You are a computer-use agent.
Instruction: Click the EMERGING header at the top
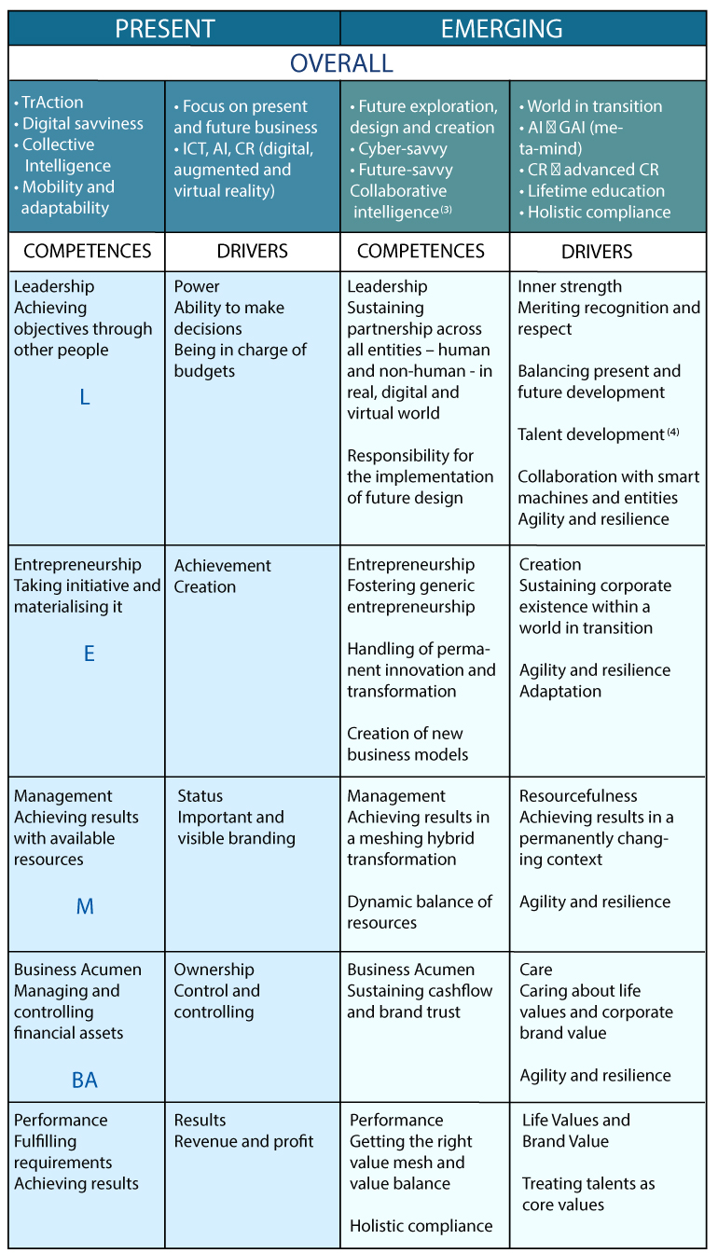[502, 29]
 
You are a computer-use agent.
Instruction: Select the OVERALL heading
[341, 63]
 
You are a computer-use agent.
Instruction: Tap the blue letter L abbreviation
[85, 397]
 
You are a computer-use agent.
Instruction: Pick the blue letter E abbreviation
[90, 653]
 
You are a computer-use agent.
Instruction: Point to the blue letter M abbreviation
[85, 905]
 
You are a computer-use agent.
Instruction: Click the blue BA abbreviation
[85, 1080]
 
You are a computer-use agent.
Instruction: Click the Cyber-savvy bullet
[401, 149]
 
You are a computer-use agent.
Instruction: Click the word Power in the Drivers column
[197, 286]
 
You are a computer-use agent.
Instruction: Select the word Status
[200, 795]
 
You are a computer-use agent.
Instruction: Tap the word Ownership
[214, 970]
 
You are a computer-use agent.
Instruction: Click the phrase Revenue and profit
[244, 1141]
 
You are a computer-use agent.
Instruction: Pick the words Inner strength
[570, 286]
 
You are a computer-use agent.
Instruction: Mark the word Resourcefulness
[578, 795]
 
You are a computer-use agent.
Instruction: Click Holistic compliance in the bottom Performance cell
[421, 1226]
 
